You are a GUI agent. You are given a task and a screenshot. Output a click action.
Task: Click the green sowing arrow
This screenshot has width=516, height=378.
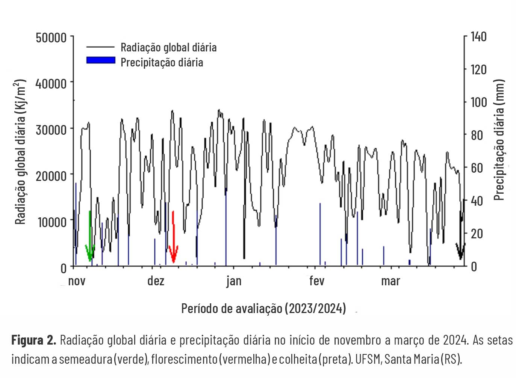(x=90, y=240)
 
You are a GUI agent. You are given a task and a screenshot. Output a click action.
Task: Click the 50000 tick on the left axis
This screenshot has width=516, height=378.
(x=51, y=38)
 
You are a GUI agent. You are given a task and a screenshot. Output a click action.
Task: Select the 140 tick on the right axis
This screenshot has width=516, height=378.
(x=478, y=37)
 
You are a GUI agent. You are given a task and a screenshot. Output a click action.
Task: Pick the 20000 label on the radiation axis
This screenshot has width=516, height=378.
(x=51, y=176)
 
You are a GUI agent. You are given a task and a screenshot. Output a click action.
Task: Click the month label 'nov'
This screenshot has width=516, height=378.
(x=77, y=281)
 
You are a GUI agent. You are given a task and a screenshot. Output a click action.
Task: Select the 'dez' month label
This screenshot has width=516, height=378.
(x=156, y=281)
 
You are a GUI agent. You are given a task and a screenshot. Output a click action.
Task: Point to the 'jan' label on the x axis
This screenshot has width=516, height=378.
(x=234, y=281)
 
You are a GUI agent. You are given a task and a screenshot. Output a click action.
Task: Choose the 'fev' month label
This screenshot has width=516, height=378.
(x=316, y=281)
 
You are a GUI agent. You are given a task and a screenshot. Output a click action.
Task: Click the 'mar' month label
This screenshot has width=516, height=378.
(x=390, y=281)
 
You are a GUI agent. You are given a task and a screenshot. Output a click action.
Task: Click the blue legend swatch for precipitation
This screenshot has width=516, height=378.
(x=101, y=60)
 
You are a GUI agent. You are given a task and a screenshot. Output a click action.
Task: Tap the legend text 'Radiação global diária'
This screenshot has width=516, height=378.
(x=168, y=47)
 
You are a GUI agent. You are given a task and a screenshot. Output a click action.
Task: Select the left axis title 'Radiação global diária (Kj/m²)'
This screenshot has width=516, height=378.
(x=20, y=152)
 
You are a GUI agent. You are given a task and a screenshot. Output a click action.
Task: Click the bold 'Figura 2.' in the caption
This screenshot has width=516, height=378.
(x=33, y=340)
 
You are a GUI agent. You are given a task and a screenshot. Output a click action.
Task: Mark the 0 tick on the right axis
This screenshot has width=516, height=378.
(x=474, y=267)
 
